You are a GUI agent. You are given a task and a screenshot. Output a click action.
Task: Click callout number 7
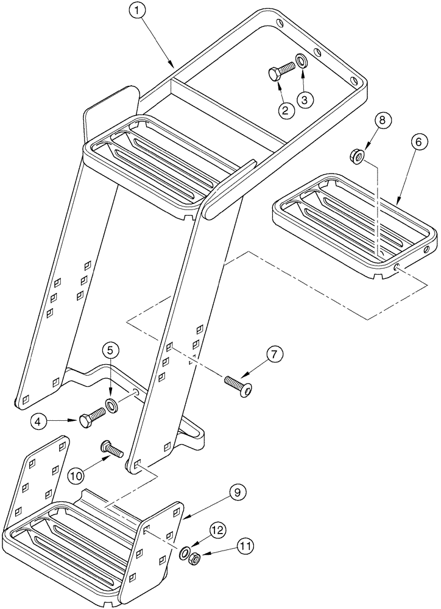273,354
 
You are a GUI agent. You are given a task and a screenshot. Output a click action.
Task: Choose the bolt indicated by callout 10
113,450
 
